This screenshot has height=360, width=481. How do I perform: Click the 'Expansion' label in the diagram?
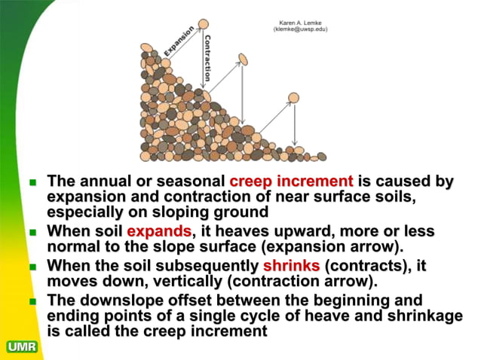(x=178, y=42)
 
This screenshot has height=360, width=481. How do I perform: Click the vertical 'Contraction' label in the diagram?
(x=208, y=56)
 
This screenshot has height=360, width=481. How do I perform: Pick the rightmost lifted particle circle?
(x=293, y=97)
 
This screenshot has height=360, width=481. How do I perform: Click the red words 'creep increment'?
(x=291, y=182)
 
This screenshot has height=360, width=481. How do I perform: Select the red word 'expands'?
(x=158, y=231)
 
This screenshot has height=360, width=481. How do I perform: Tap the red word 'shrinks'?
(x=291, y=266)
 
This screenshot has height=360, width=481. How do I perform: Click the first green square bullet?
(x=32, y=182)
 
